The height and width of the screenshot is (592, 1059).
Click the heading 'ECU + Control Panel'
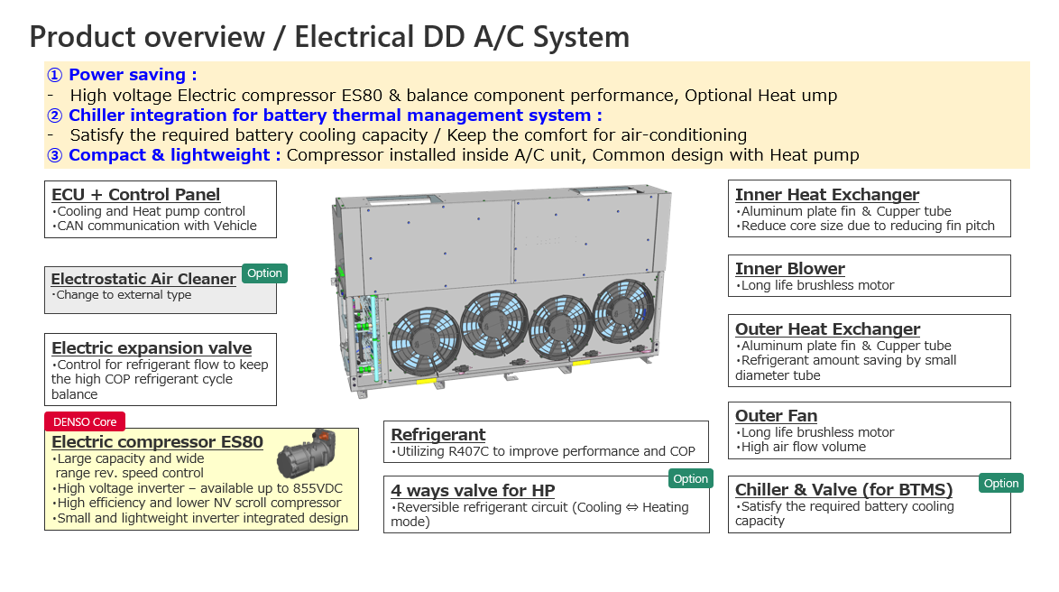[135, 195]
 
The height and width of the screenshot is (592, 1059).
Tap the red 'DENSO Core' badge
[85, 421]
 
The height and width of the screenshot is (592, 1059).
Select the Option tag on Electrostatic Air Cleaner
[264, 273]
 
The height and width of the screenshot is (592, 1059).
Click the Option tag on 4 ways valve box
[690, 479]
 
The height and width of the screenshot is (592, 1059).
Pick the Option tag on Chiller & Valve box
[1000, 484]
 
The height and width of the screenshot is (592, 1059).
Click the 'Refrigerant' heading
[438, 435]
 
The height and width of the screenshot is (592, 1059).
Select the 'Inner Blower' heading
[790, 269]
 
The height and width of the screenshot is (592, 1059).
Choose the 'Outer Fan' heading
[777, 416]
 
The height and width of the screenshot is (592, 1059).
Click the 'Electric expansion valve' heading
[152, 348]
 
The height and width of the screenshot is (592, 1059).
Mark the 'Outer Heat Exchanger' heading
[827, 329]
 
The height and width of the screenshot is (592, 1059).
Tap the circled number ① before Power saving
[54, 75]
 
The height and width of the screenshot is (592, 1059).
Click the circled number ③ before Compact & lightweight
[54, 155]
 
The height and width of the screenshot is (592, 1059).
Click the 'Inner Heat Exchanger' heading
[827, 195]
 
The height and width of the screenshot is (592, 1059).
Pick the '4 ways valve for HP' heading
[473, 491]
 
